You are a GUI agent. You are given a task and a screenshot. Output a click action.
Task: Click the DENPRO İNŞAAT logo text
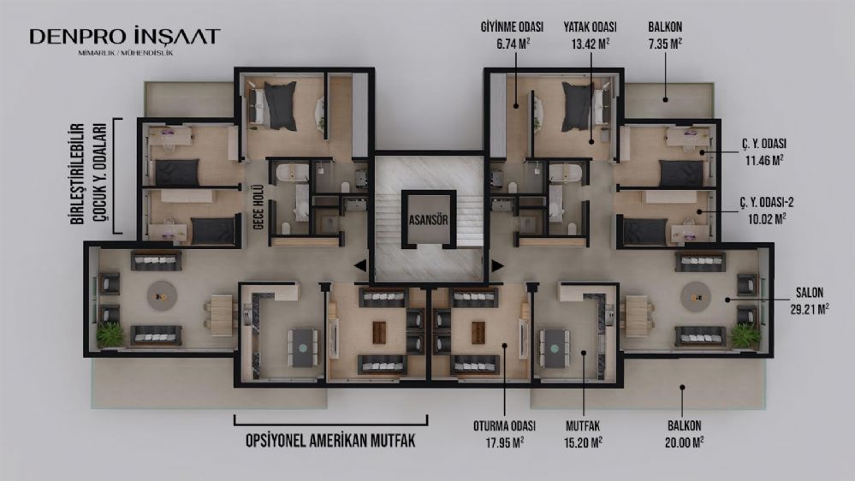[x=125, y=37]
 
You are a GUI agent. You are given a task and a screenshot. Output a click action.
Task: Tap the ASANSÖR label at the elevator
[x=429, y=220]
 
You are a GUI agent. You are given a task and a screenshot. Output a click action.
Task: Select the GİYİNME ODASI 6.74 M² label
[x=512, y=35]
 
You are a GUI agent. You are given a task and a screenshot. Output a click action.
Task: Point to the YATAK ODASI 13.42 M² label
[x=590, y=35]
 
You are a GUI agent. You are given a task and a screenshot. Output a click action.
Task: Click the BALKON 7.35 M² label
[x=665, y=35]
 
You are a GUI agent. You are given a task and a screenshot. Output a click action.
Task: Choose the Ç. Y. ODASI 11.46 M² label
[x=763, y=152]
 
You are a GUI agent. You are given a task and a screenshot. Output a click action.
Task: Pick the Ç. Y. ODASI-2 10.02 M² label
[x=766, y=211]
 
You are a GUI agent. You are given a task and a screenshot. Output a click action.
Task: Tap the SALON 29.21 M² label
[x=809, y=301]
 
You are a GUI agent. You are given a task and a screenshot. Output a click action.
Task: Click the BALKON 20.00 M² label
[x=684, y=434]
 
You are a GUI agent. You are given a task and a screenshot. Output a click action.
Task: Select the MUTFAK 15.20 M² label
[x=583, y=434]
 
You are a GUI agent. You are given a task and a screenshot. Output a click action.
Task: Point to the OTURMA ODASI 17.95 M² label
[x=504, y=434]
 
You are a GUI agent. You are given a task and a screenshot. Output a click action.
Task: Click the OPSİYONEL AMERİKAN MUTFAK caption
[x=330, y=441]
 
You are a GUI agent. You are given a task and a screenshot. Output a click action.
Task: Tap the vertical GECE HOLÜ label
[x=258, y=207]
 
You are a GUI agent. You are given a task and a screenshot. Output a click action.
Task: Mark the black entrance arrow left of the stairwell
[x=359, y=265]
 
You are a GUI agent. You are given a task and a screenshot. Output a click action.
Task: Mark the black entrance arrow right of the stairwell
[x=497, y=265]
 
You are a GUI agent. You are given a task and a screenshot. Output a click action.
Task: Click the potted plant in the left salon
[x=110, y=335]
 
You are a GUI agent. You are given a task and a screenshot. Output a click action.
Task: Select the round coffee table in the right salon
[x=695, y=297]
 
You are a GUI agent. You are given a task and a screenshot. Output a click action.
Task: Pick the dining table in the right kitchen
[x=554, y=347]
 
